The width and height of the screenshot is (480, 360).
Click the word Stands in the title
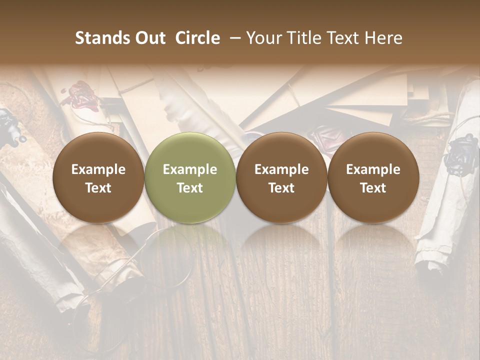coord(100,38)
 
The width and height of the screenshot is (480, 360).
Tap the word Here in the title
coord(385,38)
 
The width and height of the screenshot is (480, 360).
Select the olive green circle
coord(190,178)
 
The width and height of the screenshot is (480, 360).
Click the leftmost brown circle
coord(98,178)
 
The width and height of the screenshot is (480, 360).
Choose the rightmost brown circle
coord(373,178)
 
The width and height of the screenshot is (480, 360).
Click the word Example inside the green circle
coord(190,169)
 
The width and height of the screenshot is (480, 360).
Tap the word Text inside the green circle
coord(190,188)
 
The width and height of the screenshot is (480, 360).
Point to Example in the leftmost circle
coord(98,169)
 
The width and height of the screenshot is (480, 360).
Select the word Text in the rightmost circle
coord(373,188)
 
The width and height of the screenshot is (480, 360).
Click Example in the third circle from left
coord(281,169)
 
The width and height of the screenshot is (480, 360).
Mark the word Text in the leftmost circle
coord(98,188)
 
